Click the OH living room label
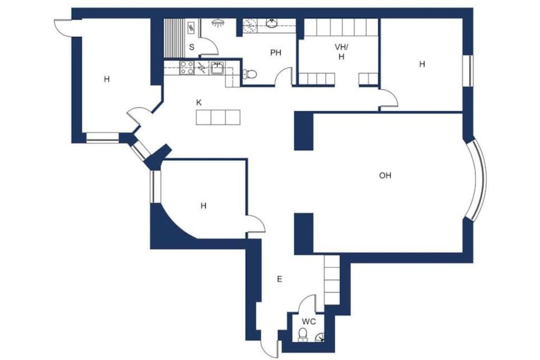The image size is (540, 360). pos(385,176)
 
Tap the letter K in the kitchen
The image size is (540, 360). pos(199,103)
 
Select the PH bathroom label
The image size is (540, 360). pos(275,53)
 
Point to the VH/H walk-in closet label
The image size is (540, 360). pos(341,52)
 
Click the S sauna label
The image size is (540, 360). pos(191,47)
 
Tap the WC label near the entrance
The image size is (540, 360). pos(309,322)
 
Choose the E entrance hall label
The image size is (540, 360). pos(279,279)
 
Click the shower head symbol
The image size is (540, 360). pos(217,23)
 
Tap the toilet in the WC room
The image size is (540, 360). pos(303,335)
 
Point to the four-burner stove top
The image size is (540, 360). pos(187,68)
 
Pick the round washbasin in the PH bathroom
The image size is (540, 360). pos(272,23)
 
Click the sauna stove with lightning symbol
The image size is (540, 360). pos(191,27)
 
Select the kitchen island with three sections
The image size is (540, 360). pos(218,117)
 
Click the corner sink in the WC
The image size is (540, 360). pos(320,337)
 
